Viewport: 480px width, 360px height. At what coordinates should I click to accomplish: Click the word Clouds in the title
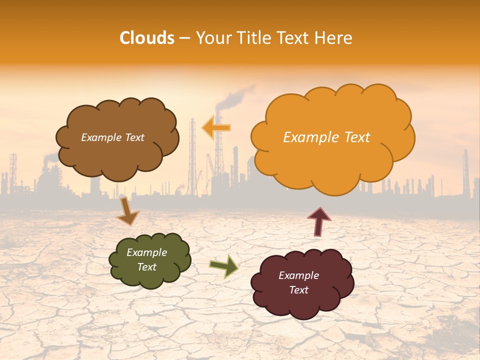click(147, 38)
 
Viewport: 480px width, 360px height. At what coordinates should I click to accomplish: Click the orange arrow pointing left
click(216, 128)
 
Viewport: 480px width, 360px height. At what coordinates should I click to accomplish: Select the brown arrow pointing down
click(127, 211)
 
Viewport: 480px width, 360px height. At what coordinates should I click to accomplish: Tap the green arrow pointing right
click(224, 266)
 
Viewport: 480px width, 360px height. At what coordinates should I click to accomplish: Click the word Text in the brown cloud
click(133, 137)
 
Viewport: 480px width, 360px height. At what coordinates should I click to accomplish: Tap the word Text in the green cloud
click(147, 267)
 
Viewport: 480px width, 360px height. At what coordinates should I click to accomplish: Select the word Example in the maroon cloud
click(298, 275)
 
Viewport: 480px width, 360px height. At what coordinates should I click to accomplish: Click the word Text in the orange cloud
click(356, 137)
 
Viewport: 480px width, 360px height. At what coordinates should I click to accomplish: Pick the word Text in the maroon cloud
click(299, 290)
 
